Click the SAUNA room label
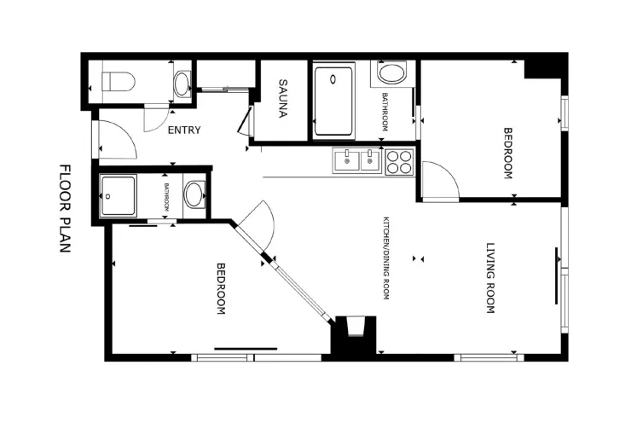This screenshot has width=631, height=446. [x=283, y=99]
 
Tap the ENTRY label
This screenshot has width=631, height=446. [x=184, y=130]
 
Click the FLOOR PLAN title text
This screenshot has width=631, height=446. [x=65, y=208]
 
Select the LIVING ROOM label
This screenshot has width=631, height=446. [x=490, y=278]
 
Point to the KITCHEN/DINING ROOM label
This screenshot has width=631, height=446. [x=386, y=258]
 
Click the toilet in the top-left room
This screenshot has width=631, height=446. [x=118, y=82]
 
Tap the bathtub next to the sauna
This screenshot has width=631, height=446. [x=333, y=101]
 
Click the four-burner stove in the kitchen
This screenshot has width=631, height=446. [x=399, y=162]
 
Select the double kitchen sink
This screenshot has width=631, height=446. [x=356, y=160]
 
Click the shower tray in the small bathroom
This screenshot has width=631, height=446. [x=118, y=195]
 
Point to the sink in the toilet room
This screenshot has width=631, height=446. [x=182, y=84]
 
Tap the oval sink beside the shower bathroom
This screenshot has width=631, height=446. [x=194, y=194]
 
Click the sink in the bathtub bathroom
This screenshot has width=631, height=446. [x=392, y=72]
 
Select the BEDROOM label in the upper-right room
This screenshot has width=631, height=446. [x=508, y=153]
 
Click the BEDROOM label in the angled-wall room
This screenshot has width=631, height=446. [x=221, y=288]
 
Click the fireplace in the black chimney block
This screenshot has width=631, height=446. [x=356, y=326]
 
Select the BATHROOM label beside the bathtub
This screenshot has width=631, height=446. [x=385, y=112]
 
